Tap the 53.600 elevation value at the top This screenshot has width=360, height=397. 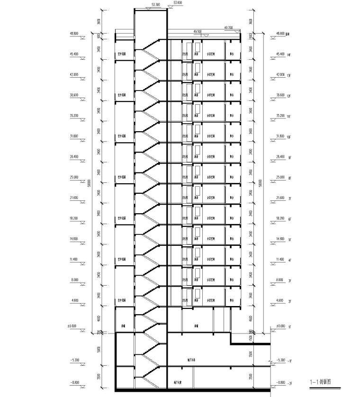tap(178, 2)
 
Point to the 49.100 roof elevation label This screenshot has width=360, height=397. tap(198, 31)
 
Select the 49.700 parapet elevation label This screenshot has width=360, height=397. tap(228, 28)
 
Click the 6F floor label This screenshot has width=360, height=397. tap(288, 219)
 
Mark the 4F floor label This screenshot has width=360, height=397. tap(288, 260)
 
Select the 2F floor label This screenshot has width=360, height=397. tap(288, 301)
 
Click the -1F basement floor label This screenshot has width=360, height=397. tap(289, 361)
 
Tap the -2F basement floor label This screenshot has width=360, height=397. tap(289, 383)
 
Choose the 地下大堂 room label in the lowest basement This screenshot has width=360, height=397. tap(178, 382)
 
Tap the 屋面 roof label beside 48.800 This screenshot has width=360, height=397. tap(288, 35)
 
